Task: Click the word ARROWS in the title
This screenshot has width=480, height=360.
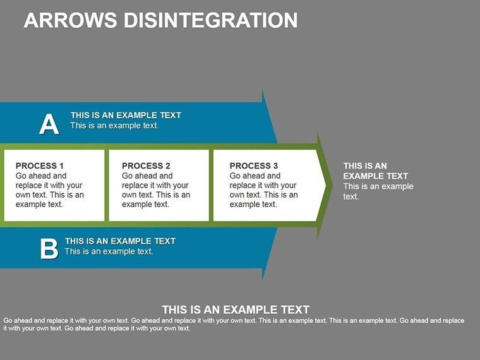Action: coord(67,20)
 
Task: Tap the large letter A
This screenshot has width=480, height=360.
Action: coord(49,124)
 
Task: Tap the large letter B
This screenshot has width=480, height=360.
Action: coord(49,248)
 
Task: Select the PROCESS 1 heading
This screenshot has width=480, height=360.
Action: coord(40,165)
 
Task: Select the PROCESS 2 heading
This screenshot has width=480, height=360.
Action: coord(146,165)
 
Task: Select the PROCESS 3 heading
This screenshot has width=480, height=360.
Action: coord(254,165)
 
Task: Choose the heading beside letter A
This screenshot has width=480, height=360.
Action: coord(126,115)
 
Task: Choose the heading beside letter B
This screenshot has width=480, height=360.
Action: coord(120,241)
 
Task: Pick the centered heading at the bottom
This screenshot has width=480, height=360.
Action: coord(236,309)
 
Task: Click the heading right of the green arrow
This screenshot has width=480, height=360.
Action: coord(375,171)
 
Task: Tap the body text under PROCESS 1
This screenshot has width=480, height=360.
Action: coord(49,190)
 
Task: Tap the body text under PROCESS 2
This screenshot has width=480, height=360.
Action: coord(155,190)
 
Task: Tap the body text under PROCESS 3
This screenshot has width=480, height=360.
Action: coord(263,190)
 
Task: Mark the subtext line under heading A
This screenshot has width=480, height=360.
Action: coord(114,125)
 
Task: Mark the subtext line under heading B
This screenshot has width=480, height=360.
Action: coord(109,251)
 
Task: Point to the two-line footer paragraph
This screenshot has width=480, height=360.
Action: coord(234,325)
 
